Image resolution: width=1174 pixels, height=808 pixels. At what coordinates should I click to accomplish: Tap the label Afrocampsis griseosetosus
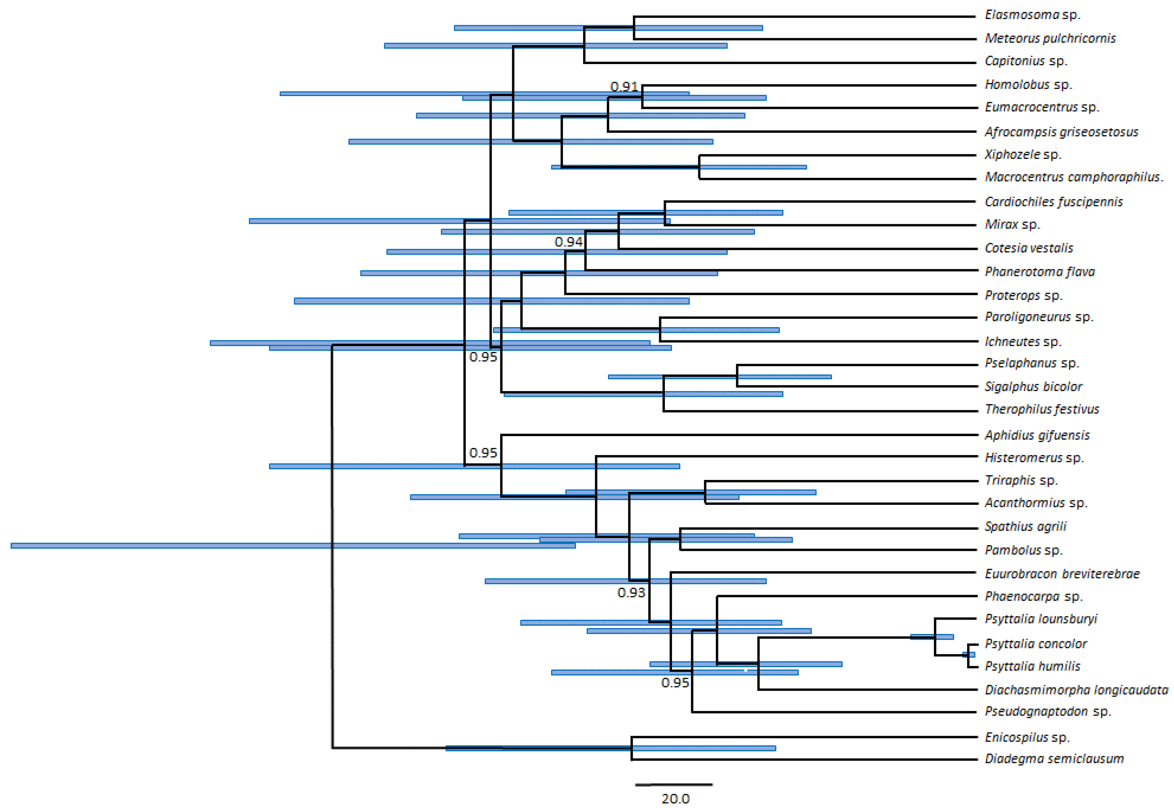point(1061,132)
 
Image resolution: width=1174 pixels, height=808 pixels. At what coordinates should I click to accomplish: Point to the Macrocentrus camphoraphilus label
point(1073,177)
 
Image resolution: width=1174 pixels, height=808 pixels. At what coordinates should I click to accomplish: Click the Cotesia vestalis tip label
point(1028,248)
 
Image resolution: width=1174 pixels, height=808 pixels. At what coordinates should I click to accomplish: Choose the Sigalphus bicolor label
point(1033,387)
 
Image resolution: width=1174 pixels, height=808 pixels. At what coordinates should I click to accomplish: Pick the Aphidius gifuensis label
point(1037,435)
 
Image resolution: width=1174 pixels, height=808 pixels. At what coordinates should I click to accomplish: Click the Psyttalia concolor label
point(1036,644)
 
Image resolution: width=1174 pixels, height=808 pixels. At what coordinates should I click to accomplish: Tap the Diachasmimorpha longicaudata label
point(1076,690)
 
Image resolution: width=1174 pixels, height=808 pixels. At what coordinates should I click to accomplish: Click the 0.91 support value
point(624,87)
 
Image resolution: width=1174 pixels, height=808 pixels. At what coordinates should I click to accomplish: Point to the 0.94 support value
point(568,242)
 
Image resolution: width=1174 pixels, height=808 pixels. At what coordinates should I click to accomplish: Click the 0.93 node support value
point(631,592)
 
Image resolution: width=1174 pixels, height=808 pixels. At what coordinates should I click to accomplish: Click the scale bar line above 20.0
point(674,785)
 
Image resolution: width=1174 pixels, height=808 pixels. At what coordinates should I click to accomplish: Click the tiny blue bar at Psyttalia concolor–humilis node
point(969,655)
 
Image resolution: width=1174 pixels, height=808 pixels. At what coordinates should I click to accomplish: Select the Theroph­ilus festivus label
point(1042,409)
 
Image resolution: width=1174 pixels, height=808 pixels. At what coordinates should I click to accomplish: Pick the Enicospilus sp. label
point(1027,737)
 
